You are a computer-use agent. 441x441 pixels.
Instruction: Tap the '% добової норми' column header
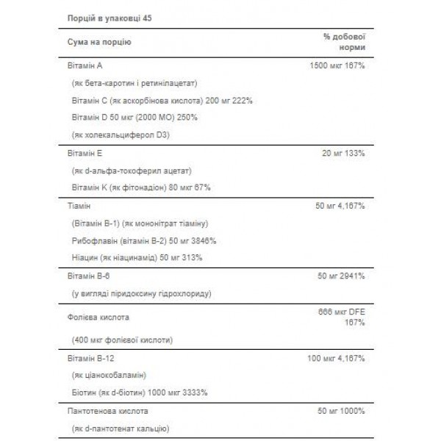tap(345, 43)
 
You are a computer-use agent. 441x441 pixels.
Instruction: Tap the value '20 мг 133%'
tap(347, 154)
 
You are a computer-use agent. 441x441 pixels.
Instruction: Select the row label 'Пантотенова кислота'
tap(106, 412)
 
